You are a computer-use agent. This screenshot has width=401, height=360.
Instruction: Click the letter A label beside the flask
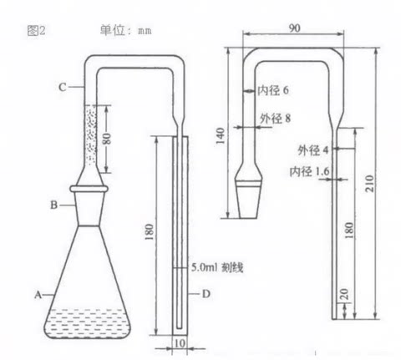click(37, 294)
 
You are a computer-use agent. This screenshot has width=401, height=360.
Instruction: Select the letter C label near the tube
click(62, 85)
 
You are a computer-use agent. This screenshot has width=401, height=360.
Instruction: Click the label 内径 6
click(274, 89)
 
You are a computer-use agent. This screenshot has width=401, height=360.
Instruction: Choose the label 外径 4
click(314, 150)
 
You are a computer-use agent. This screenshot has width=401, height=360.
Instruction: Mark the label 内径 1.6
click(307, 171)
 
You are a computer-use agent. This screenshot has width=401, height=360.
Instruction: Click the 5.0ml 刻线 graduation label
click(217, 267)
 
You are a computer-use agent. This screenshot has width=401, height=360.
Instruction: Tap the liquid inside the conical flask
click(84, 322)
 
